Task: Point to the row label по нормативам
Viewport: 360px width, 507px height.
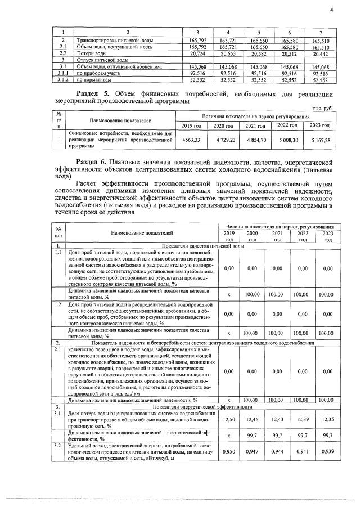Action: tap(93, 79)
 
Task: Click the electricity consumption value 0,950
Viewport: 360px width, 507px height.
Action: tap(228, 451)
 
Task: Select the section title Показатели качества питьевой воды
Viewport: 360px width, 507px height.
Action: tap(202, 246)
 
